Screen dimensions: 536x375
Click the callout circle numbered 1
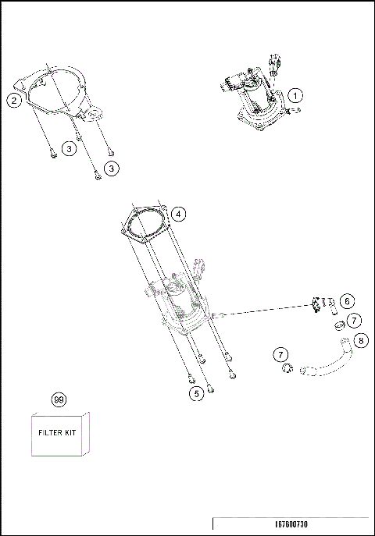click(295, 95)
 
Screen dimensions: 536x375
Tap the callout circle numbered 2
click(13, 99)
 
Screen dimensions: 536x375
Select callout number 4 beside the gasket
click(178, 213)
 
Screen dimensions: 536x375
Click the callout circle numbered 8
click(360, 340)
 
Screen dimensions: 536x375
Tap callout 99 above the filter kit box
click(58, 399)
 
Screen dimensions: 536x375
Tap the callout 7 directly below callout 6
click(354, 321)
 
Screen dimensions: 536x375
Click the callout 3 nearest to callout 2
click(70, 147)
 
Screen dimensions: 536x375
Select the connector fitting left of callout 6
click(317, 303)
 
